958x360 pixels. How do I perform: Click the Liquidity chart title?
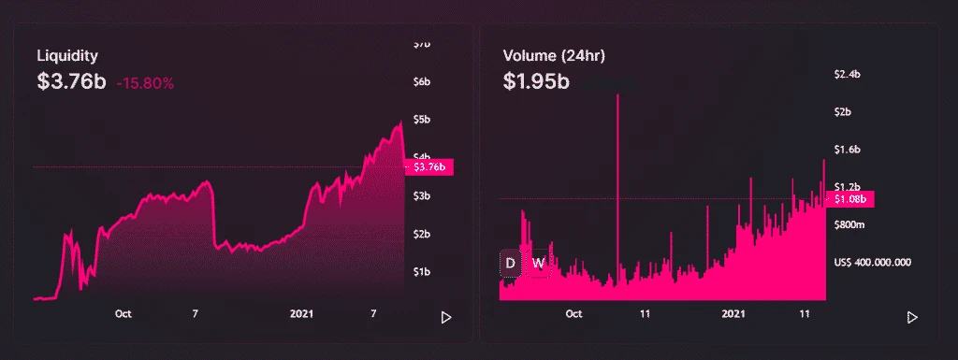pyautogui.click(x=67, y=56)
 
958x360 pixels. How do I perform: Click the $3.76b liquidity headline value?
pyautogui.click(x=71, y=81)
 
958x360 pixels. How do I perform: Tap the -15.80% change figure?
pyautogui.click(x=145, y=83)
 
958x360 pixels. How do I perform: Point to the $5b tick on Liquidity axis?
pyautogui.click(x=421, y=120)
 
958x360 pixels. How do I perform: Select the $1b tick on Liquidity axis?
pyautogui.click(x=421, y=272)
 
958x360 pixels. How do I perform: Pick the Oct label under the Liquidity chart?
pyautogui.click(x=123, y=314)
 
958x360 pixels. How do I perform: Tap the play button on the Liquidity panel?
pyautogui.click(x=446, y=318)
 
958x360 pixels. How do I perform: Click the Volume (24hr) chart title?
pyautogui.click(x=554, y=56)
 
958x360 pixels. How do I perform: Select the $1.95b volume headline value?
pyautogui.click(x=536, y=81)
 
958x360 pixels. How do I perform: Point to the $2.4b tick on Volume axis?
pyautogui.click(x=847, y=74)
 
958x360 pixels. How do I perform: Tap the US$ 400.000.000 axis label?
pyautogui.click(x=877, y=263)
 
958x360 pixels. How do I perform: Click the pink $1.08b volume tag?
pyautogui.click(x=849, y=198)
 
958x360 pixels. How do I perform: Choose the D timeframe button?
pyautogui.click(x=511, y=263)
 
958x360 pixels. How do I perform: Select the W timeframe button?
pyautogui.click(x=538, y=263)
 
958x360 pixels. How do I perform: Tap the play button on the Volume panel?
pyautogui.click(x=912, y=318)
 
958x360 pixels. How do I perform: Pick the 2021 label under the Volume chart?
pyautogui.click(x=734, y=314)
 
